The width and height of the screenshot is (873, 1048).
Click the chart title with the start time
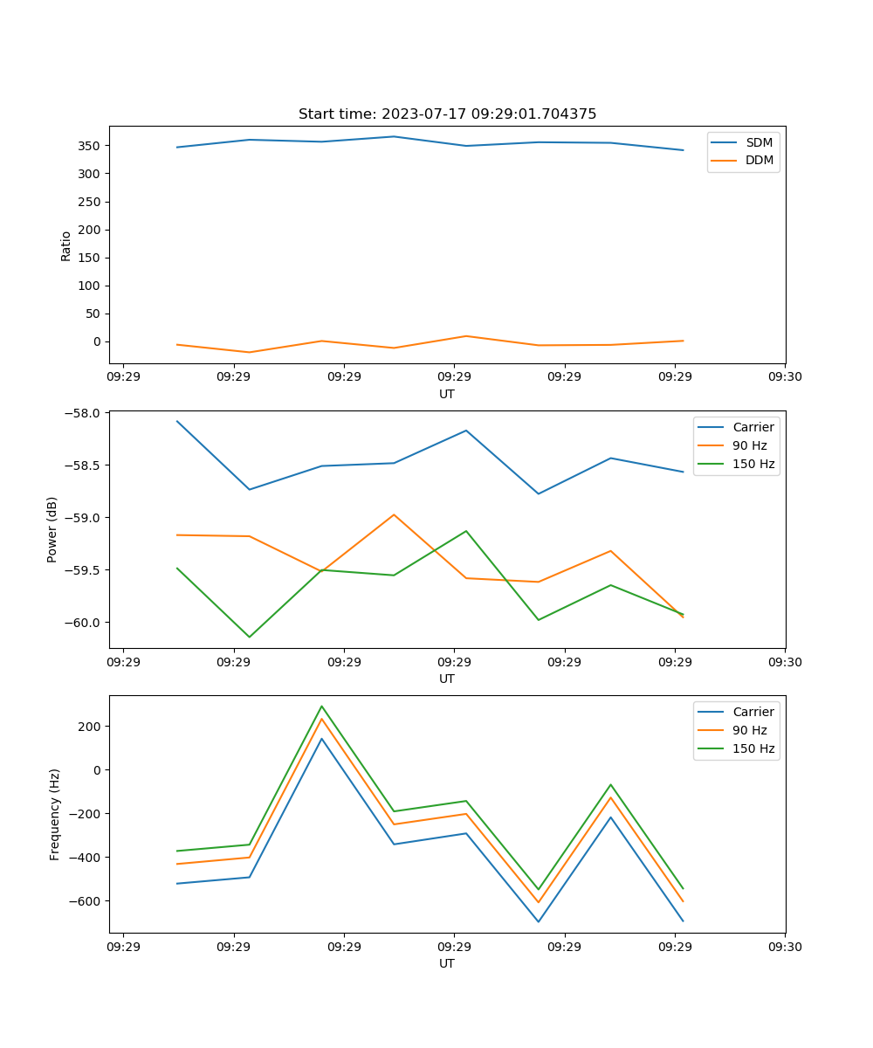(x=447, y=114)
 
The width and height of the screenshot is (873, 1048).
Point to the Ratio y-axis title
(x=66, y=246)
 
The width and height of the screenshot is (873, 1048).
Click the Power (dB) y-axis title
(x=52, y=529)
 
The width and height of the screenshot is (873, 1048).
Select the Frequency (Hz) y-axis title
(x=55, y=814)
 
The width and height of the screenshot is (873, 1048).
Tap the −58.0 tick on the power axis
(x=84, y=413)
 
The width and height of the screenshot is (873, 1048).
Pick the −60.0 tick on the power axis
(x=84, y=623)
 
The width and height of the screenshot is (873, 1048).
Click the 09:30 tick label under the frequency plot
(x=785, y=947)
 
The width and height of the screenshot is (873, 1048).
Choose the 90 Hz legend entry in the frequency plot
(x=749, y=730)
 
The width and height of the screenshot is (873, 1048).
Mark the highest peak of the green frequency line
(x=321, y=706)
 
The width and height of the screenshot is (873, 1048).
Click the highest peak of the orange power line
(x=394, y=514)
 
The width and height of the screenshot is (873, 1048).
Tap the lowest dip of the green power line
(x=250, y=637)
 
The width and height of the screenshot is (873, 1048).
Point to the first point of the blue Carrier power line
(x=177, y=421)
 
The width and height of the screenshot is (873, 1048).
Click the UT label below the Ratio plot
(x=447, y=394)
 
